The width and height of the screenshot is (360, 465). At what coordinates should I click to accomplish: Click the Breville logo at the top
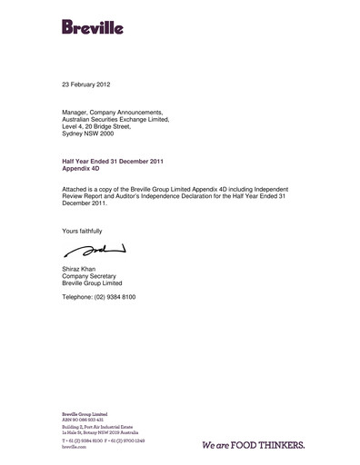tap(93, 26)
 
